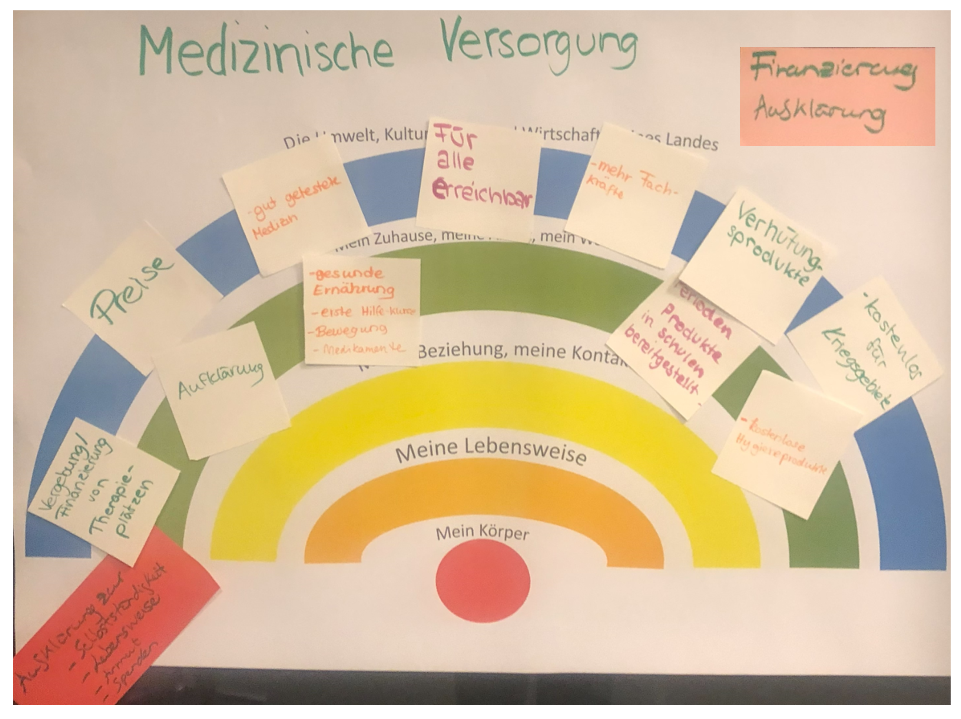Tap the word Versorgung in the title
539,46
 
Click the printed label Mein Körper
483,533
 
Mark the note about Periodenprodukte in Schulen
678,348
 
